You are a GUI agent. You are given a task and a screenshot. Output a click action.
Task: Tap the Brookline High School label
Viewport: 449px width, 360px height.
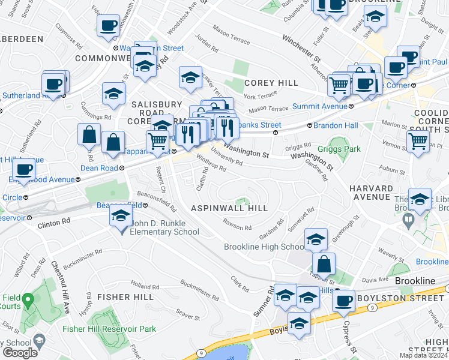pyautogui.click(x=264, y=247)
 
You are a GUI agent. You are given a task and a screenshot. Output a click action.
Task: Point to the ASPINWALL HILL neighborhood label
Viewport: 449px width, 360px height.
pyautogui.click(x=229, y=208)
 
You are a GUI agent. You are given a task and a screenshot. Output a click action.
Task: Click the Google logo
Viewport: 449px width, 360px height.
pyautogui.click(x=20, y=352)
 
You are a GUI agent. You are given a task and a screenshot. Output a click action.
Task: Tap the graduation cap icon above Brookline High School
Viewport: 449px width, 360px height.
pyautogui.click(x=316, y=239)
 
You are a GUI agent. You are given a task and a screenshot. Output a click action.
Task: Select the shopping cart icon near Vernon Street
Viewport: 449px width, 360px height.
pyautogui.click(x=418, y=142)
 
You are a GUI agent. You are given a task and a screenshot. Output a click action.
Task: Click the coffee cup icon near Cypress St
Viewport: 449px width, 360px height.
pyautogui.click(x=343, y=301)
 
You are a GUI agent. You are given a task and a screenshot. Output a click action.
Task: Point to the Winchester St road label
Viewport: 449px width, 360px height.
pyautogui.click(x=302, y=49)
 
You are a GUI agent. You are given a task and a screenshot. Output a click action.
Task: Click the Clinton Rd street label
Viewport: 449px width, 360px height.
pyautogui.click(x=53, y=221)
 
